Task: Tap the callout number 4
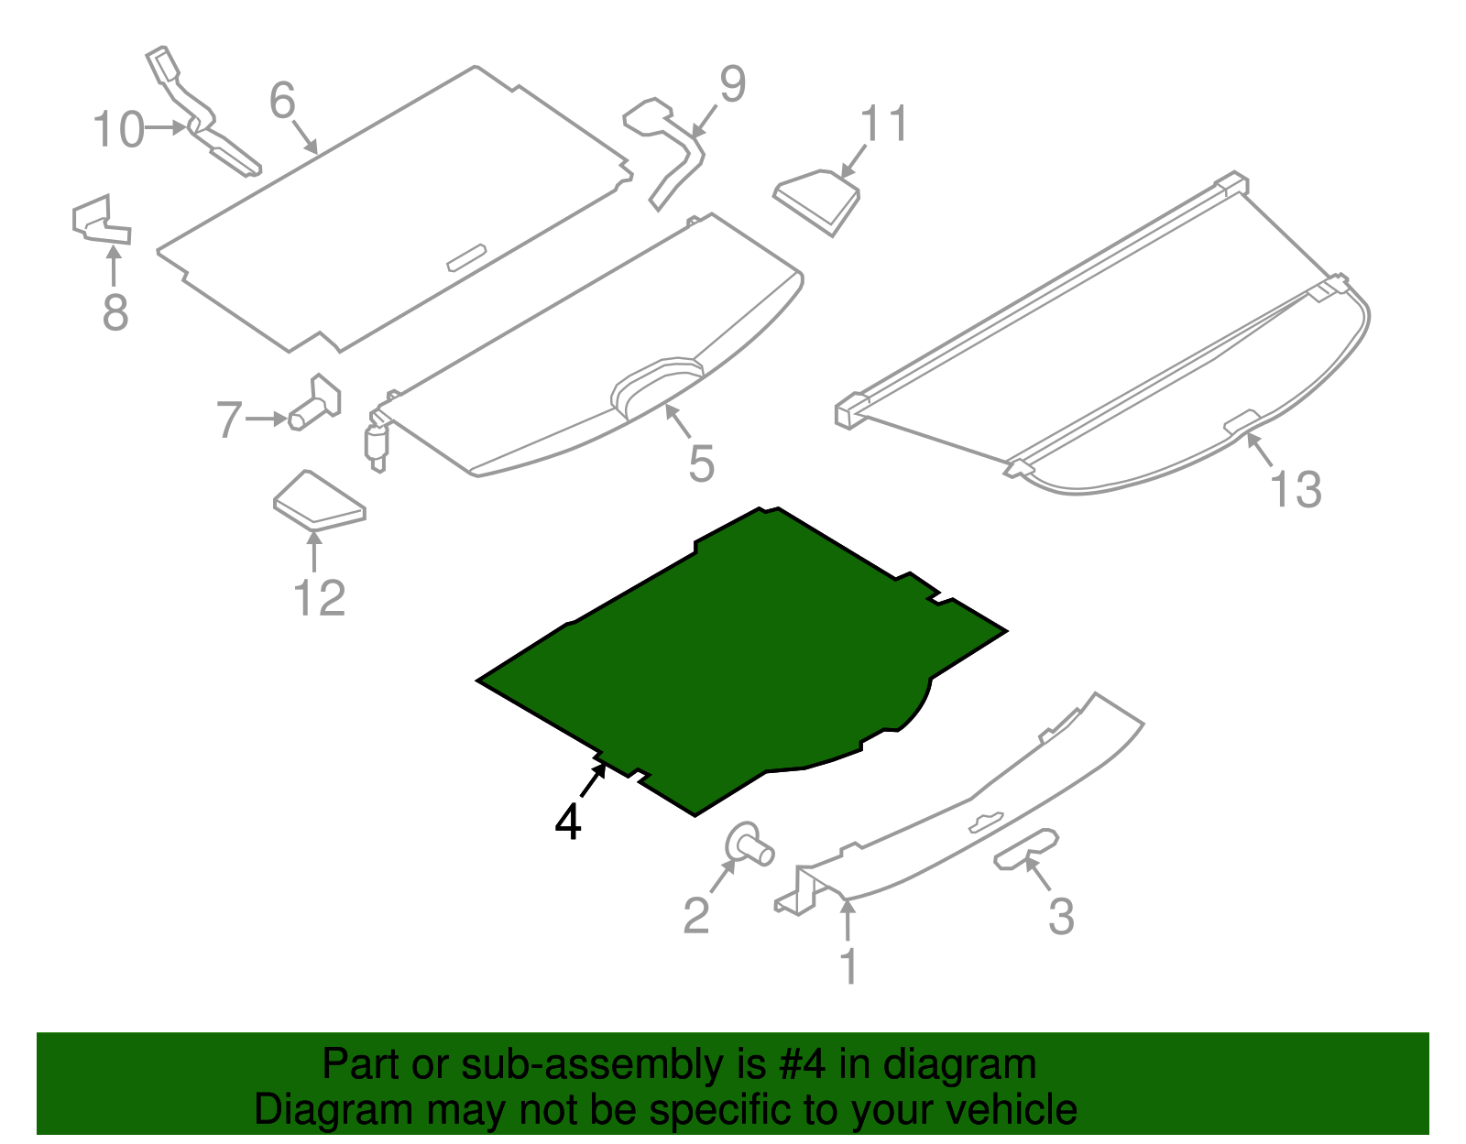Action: tap(568, 822)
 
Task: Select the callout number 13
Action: tap(1296, 489)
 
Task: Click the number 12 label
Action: tap(319, 598)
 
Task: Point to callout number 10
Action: tap(119, 129)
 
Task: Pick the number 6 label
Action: tap(282, 100)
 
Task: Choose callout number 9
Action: tap(732, 84)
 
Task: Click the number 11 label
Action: tap(884, 124)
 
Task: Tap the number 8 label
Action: tap(115, 312)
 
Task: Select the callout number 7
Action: tap(229, 419)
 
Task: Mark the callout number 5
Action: tap(701, 464)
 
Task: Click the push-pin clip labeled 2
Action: tap(749, 844)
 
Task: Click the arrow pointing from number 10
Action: tap(167, 127)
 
